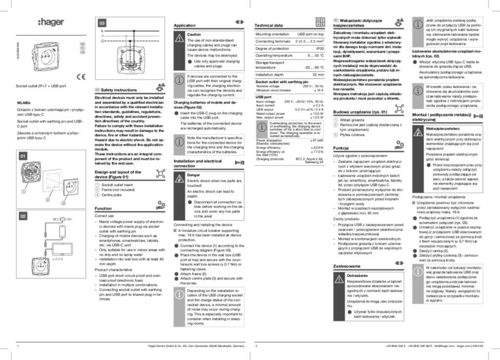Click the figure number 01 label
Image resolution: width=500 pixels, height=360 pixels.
[23, 156]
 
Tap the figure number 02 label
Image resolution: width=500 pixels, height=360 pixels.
[23, 216]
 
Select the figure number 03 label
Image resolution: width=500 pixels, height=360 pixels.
[102, 23]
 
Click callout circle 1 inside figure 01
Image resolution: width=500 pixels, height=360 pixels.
[23, 192]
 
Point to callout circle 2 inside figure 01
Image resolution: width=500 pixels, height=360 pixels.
[47, 200]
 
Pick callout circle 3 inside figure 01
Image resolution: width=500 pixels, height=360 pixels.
[63, 203]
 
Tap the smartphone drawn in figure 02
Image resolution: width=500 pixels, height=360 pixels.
[62, 231]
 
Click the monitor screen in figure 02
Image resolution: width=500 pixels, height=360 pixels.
[62, 249]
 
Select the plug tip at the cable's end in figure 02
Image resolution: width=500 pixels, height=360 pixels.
[45, 259]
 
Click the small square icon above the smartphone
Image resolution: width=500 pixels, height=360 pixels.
[62, 220]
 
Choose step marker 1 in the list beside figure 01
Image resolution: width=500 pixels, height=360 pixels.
[97, 185]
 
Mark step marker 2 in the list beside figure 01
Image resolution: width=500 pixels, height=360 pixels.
[97, 190]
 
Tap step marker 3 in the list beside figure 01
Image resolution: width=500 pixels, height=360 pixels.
[97, 195]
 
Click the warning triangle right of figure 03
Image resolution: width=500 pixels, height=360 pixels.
[180, 38]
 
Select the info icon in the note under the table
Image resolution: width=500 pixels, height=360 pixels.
[262, 127]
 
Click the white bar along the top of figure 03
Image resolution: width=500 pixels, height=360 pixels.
[130, 19]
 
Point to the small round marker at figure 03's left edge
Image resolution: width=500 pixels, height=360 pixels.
[102, 41]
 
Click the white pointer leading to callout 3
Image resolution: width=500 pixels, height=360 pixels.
[67, 197]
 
